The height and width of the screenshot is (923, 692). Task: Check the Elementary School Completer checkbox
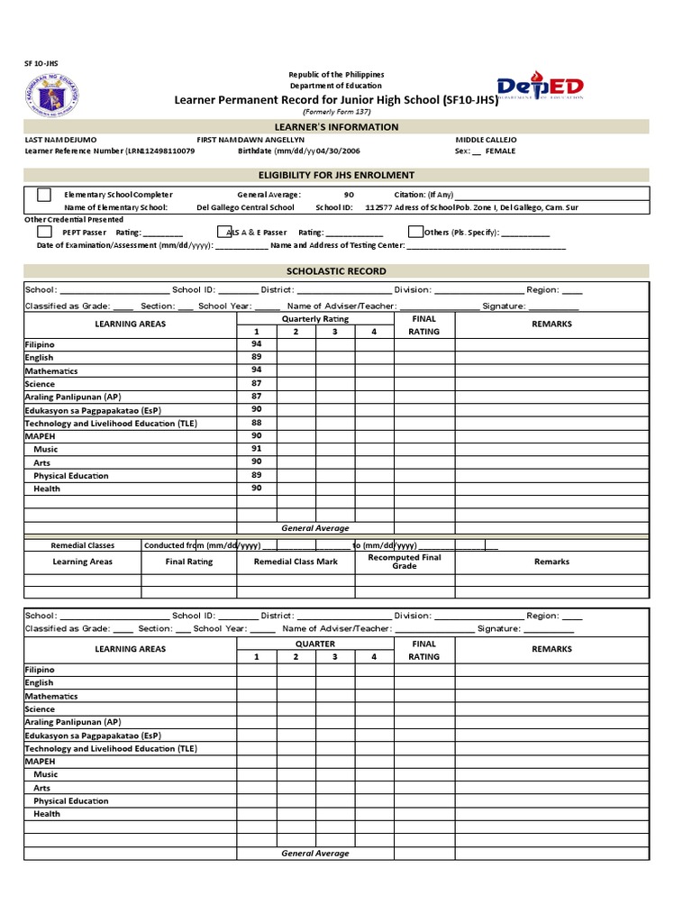click(43, 195)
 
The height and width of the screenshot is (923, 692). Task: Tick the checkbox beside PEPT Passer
click(43, 232)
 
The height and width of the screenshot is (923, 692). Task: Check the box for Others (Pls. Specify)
click(415, 232)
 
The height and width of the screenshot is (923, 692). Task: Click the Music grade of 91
click(257, 448)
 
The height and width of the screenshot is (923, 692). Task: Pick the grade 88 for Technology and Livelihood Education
click(257, 422)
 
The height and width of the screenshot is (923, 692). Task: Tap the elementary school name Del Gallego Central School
click(245, 207)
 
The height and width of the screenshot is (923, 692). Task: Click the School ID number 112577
click(379, 207)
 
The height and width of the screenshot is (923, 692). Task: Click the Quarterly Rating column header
click(314, 319)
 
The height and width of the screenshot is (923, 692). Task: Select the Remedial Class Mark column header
click(296, 562)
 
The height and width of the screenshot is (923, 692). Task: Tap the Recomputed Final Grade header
click(405, 562)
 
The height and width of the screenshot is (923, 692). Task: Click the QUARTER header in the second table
click(314, 644)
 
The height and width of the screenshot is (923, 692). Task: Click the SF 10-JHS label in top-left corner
click(40, 64)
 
